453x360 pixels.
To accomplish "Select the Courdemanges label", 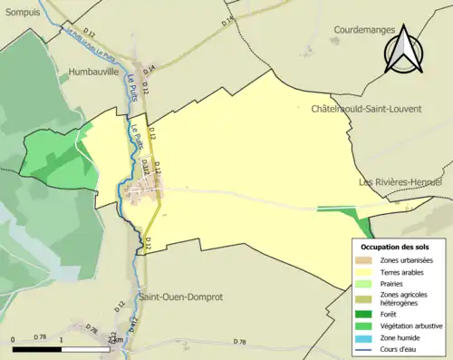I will pos(364,29).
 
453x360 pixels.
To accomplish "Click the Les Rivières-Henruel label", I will pos(400,181).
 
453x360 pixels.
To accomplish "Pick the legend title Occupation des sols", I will pos(395,247).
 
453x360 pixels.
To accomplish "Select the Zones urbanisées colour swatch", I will pos(361,261).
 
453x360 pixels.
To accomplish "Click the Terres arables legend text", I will pos(403,272).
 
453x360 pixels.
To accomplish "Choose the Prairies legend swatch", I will pos(361,284).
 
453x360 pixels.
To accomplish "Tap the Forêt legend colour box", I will pos(361,315).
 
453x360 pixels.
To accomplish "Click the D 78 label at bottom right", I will pos(239,341).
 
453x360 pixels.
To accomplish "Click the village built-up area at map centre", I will pos(141,192).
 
